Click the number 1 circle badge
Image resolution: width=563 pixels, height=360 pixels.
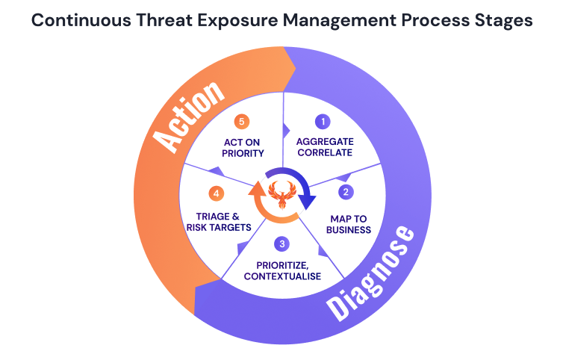(323, 121)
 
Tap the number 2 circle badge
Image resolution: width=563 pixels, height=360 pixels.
(345, 192)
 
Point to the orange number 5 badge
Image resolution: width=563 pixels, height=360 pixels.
(240, 120)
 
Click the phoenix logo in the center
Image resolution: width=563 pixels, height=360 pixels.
(281, 196)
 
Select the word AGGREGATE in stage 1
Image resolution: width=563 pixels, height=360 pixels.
(324, 141)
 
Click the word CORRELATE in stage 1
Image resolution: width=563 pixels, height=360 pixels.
(324, 153)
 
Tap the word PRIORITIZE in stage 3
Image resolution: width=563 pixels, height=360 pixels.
(281, 264)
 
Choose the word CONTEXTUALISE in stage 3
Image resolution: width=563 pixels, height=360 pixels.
(281, 276)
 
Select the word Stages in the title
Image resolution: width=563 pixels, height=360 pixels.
(505, 20)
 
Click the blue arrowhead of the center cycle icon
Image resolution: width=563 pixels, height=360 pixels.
(308, 200)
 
